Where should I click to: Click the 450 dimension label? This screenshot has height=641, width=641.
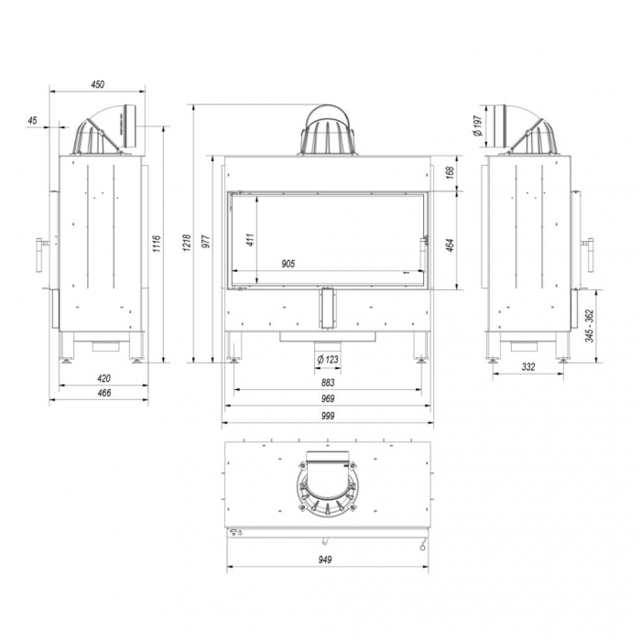pyautogui.click(x=98, y=84)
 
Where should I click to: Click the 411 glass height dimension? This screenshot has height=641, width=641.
pyautogui.click(x=250, y=240)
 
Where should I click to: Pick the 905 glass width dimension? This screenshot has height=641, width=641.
pyautogui.click(x=288, y=264)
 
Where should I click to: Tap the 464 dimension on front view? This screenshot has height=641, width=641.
pyautogui.click(x=450, y=244)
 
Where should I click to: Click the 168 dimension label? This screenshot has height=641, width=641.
pyautogui.click(x=450, y=171)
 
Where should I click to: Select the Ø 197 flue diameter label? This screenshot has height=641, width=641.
pyautogui.click(x=478, y=126)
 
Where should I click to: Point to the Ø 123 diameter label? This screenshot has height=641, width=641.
pyautogui.click(x=327, y=359)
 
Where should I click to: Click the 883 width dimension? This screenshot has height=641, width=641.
pyautogui.click(x=328, y=383)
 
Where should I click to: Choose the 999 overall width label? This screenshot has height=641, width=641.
pyautogui.click(x=328, y=417)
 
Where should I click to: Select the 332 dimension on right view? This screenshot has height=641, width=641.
pyautogui.click(x=528, y=367)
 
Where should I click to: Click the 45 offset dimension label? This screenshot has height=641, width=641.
pyautogui.click(x=33, y=120)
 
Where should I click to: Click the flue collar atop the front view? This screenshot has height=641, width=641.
pyautogui.click(x=327, y=131)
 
